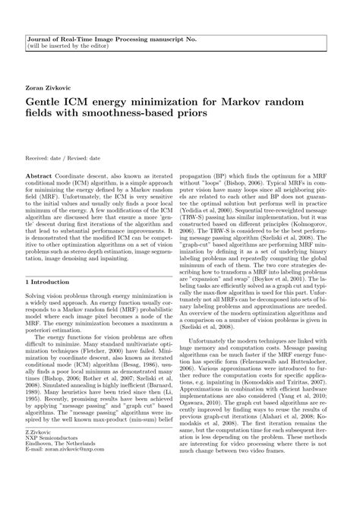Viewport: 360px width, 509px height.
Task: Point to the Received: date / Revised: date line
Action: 63,137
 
